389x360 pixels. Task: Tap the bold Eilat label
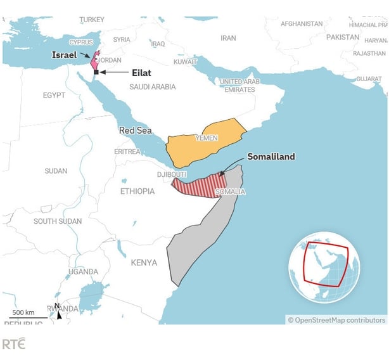141,73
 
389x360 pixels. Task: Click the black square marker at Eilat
96,72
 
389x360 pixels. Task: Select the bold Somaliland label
271,157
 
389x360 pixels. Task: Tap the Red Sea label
135,131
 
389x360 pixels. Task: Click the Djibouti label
172,174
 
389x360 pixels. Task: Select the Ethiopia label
137,191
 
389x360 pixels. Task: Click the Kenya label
144,262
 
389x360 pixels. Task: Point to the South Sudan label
58,221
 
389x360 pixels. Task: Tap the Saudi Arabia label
153,87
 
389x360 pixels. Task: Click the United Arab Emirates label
239,86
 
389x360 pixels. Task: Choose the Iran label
228,38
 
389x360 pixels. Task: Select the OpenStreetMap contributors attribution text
336,320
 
